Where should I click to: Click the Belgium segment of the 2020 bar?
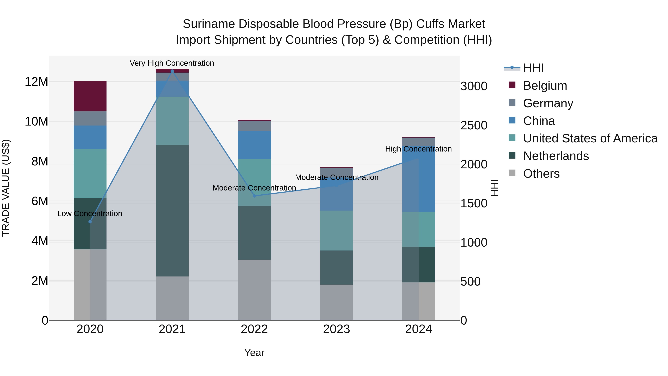click(90, 96)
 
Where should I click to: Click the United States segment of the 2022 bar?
click(254, 182)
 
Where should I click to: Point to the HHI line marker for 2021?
click(172, 71)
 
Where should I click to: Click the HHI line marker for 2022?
click(254, 196)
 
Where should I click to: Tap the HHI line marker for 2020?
click(90, 222)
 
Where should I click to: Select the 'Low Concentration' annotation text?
click(90, 214)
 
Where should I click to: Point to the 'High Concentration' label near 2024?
click(418, 149)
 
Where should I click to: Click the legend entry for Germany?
click(548, 103)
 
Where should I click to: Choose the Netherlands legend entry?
click(556, 156)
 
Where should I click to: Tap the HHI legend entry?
click(533, 68)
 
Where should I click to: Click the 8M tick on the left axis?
click(40, 161)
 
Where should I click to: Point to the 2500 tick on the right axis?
click(474, 125)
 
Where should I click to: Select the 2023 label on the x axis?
click(336, 329)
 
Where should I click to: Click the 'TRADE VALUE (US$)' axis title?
click(6, 188)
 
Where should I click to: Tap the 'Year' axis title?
click(254, 353)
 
